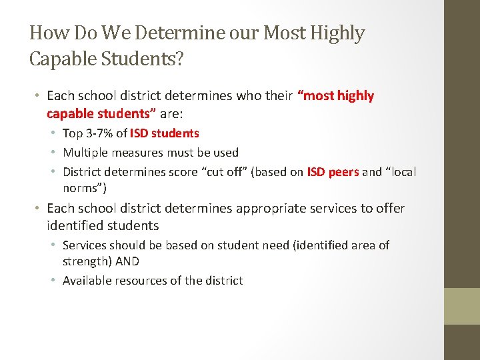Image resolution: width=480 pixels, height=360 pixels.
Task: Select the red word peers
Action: pos(344,172)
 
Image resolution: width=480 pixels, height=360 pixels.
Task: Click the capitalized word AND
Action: pos(127,261)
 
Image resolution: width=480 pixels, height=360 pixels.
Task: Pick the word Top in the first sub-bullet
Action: pos(73,133)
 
